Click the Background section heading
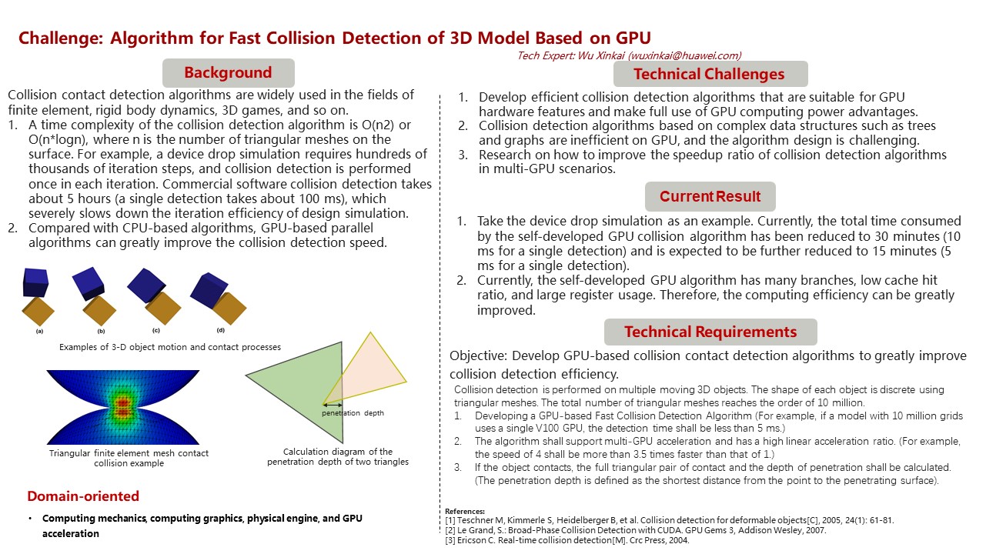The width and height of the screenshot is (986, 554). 228,72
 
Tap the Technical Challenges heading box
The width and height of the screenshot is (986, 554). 710,74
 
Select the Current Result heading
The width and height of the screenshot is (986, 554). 710,196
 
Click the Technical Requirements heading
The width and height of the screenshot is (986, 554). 710,332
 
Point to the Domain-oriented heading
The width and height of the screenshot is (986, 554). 83,496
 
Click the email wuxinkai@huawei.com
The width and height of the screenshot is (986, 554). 685,55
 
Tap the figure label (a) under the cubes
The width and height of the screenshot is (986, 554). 39,331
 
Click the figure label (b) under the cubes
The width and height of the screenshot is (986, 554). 101,331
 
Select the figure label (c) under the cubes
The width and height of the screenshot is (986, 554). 155,330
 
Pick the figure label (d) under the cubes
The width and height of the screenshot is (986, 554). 221,330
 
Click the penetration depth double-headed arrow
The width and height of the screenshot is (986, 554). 333,405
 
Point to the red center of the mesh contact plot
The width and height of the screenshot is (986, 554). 122,402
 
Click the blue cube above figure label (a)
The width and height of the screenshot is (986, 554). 35,282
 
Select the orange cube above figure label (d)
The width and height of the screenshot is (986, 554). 229,308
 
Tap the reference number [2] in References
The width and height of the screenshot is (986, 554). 450,530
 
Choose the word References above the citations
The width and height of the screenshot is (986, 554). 465,512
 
